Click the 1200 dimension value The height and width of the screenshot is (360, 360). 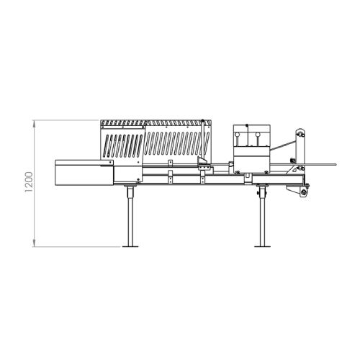[29, 184]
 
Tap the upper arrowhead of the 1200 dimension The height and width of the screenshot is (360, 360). [35, 124]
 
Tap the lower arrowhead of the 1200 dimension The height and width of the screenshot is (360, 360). [35, 243]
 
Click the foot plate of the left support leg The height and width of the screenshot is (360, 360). [130, 246]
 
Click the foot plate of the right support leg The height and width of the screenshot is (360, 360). [262, 246]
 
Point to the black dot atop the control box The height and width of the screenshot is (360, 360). [247, 125]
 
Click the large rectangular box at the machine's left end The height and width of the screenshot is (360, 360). [84, 173]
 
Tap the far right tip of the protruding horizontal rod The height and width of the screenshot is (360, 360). [336, 164]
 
